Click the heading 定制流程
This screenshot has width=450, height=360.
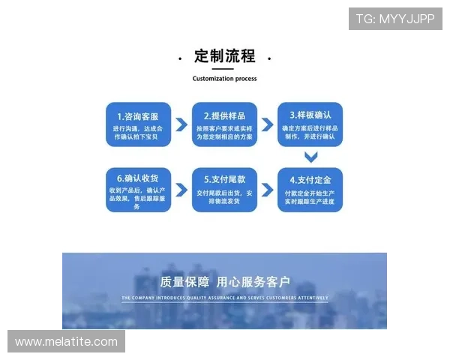(224, 56)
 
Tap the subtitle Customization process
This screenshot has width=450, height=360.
(224, 79)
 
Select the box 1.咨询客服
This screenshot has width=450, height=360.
(138, 124)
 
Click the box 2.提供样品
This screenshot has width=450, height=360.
(225, 124)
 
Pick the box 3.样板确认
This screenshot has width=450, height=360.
(310, 124)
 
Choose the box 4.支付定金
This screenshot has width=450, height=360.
(310, 189)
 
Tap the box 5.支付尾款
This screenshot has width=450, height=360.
(225, 189)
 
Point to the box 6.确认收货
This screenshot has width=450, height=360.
(138, 190)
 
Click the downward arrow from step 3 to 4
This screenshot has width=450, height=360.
(310, 157)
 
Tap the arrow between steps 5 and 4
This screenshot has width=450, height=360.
(268, 189)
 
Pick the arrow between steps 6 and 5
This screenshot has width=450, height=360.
(181, 189)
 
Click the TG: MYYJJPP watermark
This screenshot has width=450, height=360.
(395, 18)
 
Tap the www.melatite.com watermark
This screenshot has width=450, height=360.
(66, 342)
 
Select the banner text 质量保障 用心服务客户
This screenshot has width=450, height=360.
(224, 283)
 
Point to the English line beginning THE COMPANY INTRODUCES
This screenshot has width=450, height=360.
(224, 298)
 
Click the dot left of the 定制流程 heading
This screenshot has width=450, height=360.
(180, 58)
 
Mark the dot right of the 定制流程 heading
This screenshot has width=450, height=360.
(269, 58)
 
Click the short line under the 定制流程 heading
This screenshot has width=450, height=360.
(224, 68)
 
